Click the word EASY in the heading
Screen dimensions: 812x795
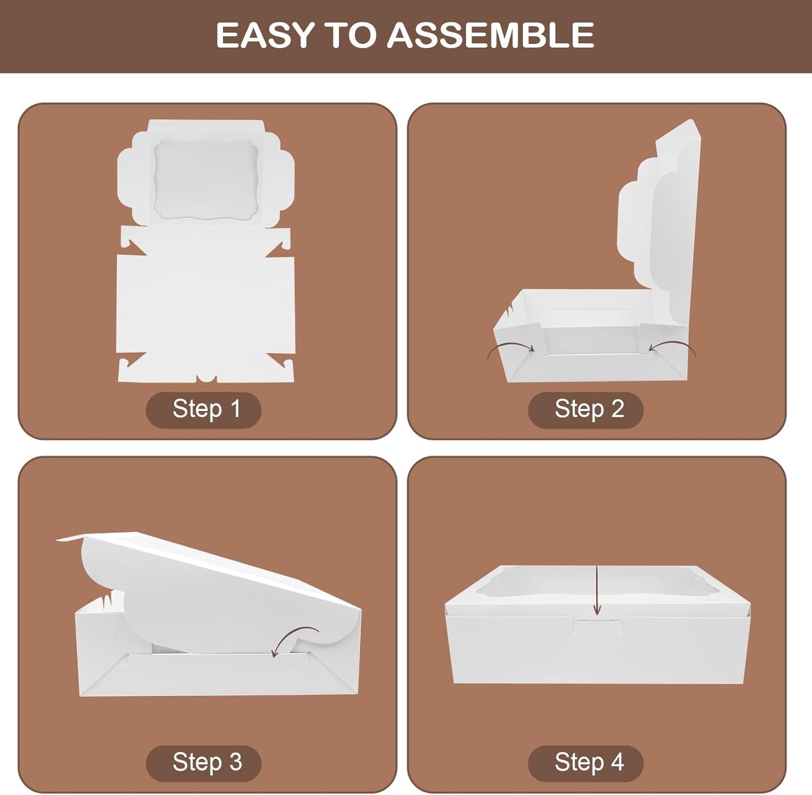(265, 35)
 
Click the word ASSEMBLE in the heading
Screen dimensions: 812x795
(490, 35)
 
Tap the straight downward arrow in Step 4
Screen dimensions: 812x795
(597, 590)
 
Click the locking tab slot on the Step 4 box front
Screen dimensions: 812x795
(598, 625)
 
